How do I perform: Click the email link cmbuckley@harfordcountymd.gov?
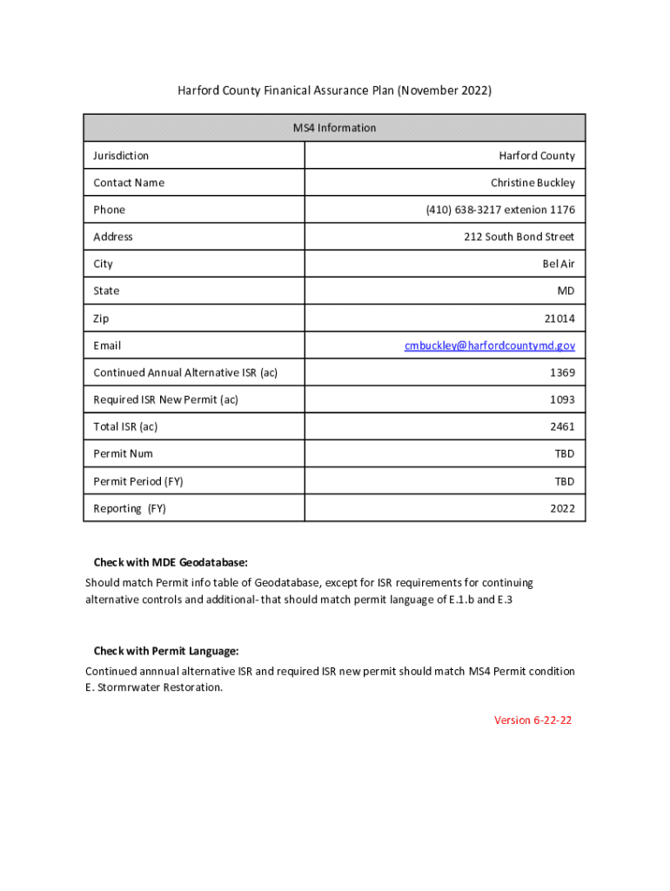(489, 345)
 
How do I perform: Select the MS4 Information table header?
(334, 128)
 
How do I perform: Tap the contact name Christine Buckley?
(532, 183)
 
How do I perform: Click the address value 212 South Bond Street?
(519, 237)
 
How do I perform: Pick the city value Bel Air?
(559, 264)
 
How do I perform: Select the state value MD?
(566, 291)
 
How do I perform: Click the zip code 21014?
(559, 318)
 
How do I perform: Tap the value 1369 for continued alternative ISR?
(561, 372)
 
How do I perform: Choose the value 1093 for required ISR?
(561, 399)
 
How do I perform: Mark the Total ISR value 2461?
(561, 426)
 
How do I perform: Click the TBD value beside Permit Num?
(564, 453)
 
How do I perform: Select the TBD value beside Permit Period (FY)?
(564, 481)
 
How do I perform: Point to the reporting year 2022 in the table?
(561, 508)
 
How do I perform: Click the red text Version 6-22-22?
(533, 720)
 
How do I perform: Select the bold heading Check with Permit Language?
(165, 651)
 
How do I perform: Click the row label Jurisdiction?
(121, 156)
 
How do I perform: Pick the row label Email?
(107, 345)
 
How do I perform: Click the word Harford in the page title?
(198, 90)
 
